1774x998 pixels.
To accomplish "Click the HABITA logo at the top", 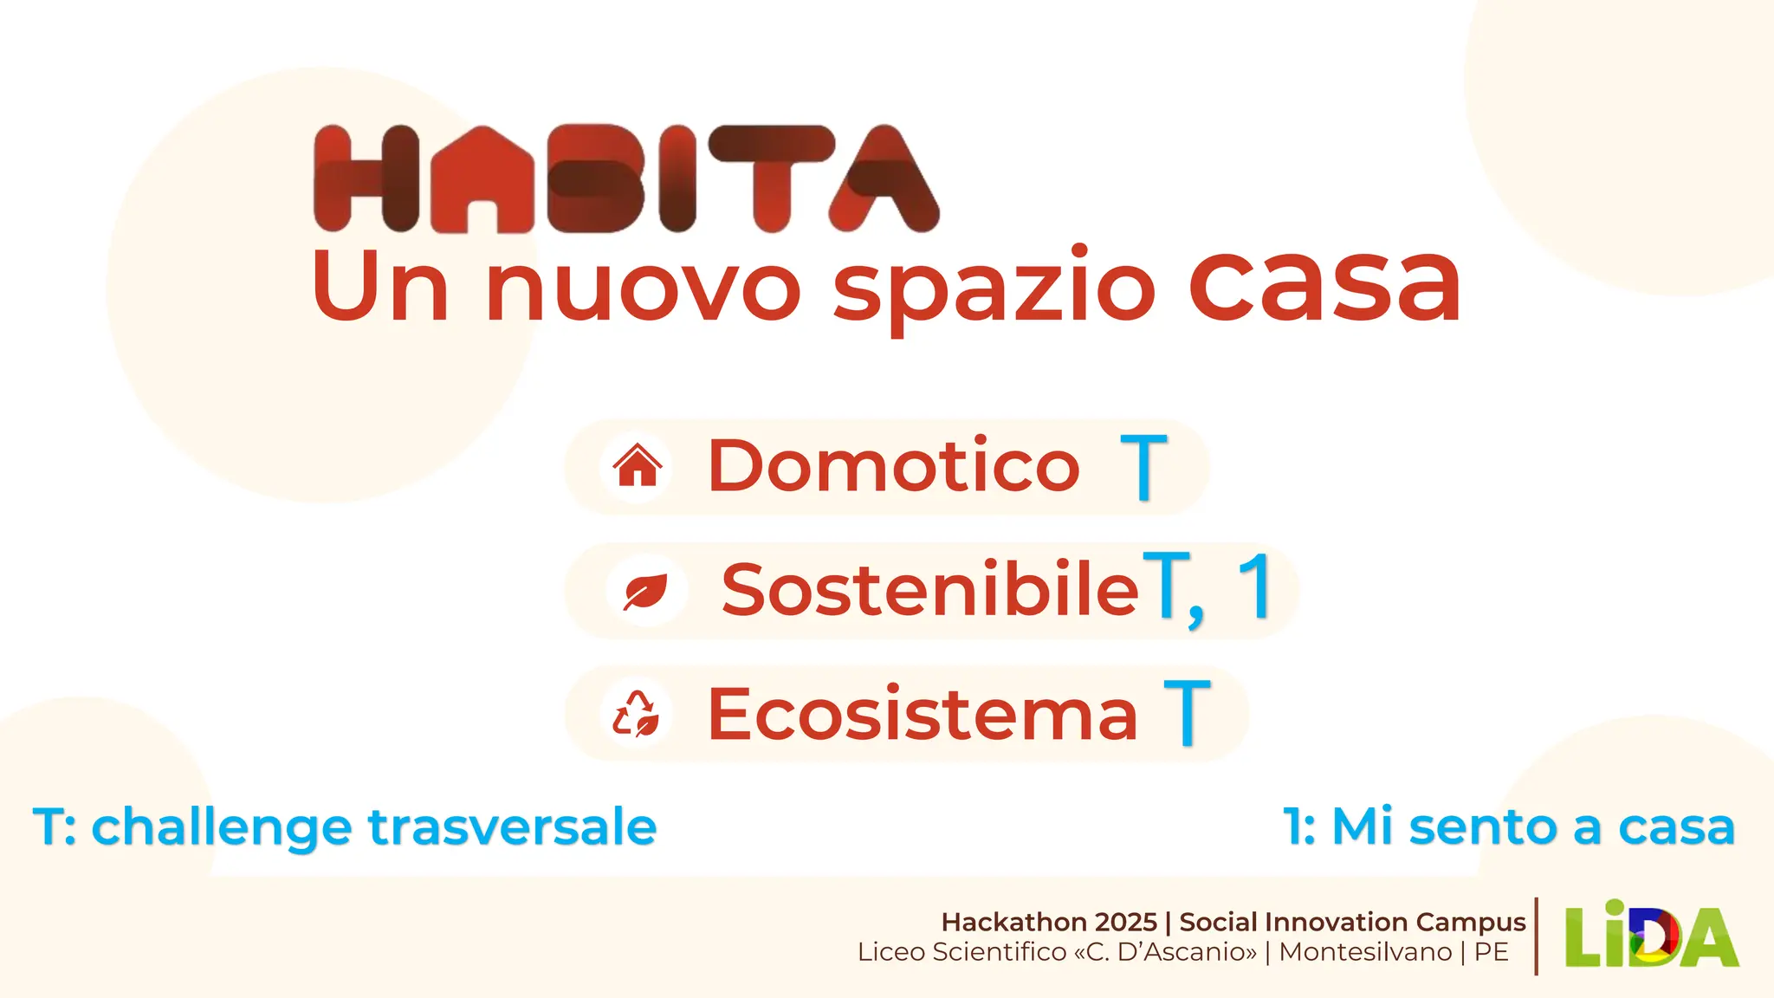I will (x=625, y=178).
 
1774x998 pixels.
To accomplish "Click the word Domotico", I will (x=894, y=466).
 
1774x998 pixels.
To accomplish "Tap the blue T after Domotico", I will (x=1143, y=468).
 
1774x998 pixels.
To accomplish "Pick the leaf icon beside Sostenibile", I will (x=646, y=592).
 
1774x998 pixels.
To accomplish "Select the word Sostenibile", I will (x=929, y=590).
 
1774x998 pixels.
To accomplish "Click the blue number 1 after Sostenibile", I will (x=1255, y=587).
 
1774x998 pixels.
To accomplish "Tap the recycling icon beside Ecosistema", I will (x=637, y=715).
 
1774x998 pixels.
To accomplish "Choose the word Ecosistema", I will (x=923, y=715).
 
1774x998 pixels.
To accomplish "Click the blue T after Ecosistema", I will (x=1187, y=713).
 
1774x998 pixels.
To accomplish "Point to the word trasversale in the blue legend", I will (x=513, y=826).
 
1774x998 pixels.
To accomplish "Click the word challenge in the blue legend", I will (x=222, y=826).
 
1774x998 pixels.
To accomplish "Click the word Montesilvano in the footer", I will (x=1365, y=952).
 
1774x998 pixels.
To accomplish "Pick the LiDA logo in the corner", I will (x=1651, y=936).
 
